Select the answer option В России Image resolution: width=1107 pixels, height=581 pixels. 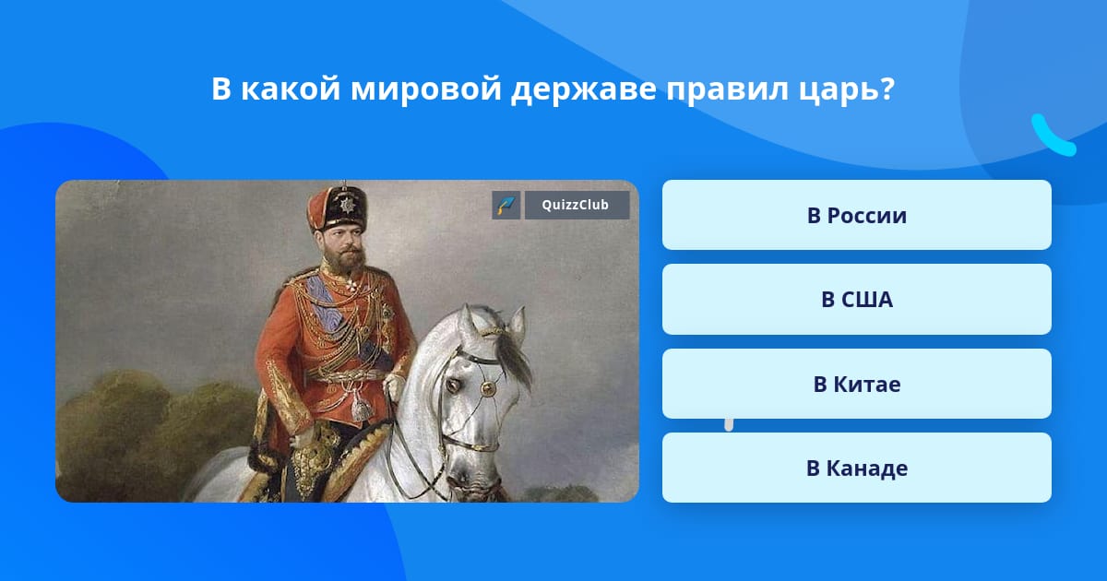pos(856,215)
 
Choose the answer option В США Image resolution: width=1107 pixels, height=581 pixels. pos(856,300)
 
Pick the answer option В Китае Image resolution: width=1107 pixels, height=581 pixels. pos(856,384)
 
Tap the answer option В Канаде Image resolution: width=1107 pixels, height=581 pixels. pos(856,468)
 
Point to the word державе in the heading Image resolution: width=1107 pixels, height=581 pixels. pos(584,89)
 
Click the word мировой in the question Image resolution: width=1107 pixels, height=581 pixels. pos(426,89)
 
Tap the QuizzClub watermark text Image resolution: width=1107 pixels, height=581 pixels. pos(576,205)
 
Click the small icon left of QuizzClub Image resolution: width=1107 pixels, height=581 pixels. pos(506,205)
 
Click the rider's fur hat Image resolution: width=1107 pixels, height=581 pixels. pos(338,207)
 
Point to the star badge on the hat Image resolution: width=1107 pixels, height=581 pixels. pos(348,204)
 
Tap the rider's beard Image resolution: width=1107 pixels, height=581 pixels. pos(345,258)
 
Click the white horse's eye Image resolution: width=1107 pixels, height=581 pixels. pos(453,384)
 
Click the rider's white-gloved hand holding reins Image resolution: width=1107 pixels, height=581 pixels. pos(395,385)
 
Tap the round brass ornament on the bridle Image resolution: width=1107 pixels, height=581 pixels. pos(488,388)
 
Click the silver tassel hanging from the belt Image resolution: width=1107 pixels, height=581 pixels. pos(362,407)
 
